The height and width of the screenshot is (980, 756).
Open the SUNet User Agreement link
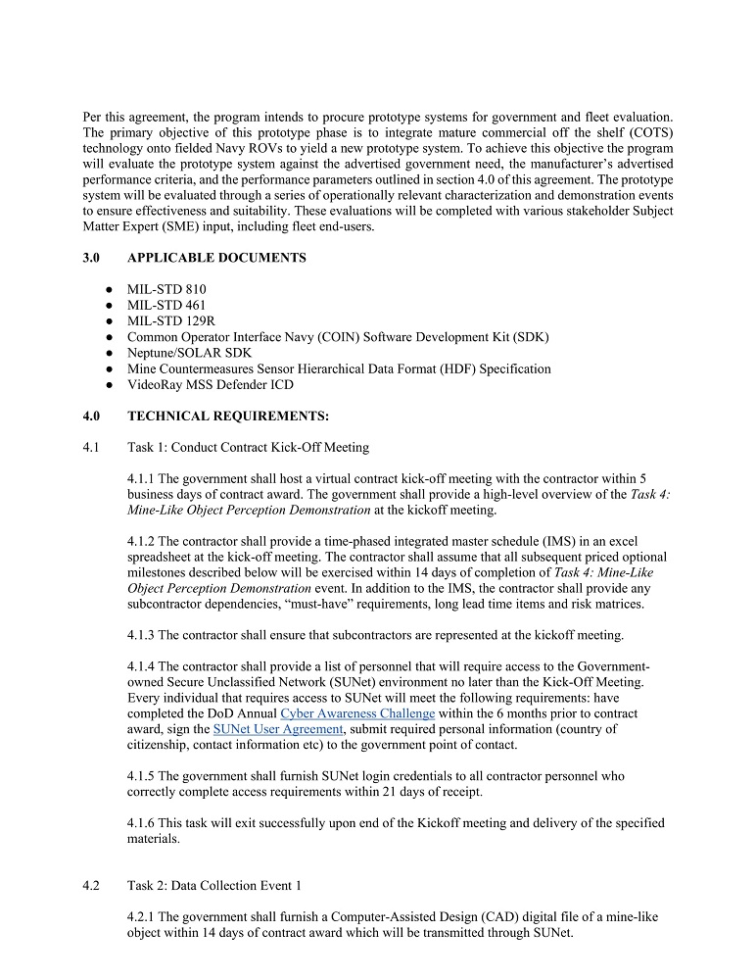pyautogui.click(x=278, y=728)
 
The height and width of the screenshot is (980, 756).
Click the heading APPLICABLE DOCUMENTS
pyautogui.click(x=216, y=258)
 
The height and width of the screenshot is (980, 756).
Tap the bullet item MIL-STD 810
pyautogui.click(x=166, y=289)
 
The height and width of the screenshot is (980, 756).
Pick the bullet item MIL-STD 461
pyautogui.click(x=166, y=305)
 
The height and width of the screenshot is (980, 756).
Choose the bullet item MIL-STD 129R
pyautogui.click(x=171, y=320)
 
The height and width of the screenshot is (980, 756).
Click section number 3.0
pyautogui.click(x=92, y=258)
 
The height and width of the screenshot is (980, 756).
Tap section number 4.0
pyautogui.click(x=92, y=416)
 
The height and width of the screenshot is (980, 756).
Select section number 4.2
pyautogui.click(x=92, y=886)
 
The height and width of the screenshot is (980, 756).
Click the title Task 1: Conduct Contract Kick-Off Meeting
pyautogui.click(x=248, y=448)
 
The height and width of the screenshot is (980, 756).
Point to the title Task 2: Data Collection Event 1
pyautogui.click(x=214, y=886)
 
